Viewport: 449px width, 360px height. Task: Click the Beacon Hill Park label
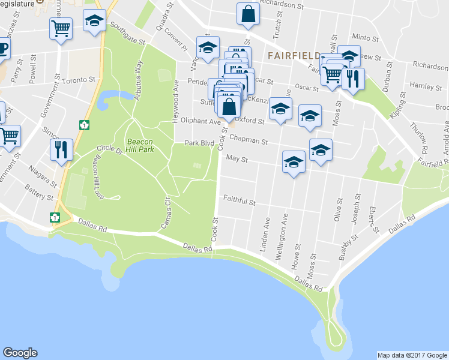140,145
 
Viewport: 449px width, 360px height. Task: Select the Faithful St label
240,203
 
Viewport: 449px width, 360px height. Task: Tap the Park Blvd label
199,143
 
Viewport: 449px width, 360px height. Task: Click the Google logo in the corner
20,353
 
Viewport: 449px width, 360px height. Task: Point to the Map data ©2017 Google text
412,355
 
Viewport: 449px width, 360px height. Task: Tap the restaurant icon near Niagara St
61,150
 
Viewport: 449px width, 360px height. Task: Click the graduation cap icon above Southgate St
94,21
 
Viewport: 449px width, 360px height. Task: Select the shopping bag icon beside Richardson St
248,13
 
